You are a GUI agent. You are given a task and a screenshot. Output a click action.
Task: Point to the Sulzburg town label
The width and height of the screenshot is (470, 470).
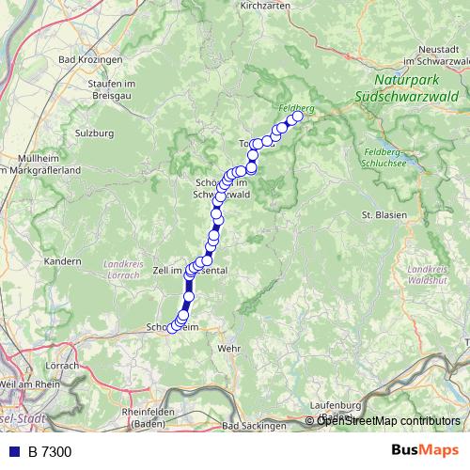[x=94, y=133]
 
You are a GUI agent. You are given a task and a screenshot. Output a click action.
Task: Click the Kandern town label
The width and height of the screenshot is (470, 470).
[x=64, y=260]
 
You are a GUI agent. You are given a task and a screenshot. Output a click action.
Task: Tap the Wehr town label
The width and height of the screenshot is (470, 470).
[x=228, y=348]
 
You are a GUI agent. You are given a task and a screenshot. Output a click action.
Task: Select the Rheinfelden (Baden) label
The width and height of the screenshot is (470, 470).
[x=150, y=416]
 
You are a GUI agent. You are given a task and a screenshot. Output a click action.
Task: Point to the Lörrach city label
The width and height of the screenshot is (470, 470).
[x=62, y=365]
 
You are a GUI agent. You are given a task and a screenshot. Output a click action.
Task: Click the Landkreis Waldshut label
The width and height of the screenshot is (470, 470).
[x=427, y=274]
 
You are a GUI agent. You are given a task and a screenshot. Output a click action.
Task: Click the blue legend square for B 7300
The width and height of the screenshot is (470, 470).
[x=13, y=452]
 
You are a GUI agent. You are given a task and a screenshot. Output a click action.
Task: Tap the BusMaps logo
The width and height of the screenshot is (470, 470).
[x=418, y=451]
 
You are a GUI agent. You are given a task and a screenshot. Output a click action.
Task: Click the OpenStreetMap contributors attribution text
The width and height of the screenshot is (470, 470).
[x=387, y=420]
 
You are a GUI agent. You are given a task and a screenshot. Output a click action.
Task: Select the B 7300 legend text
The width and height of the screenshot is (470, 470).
[x=50, y=452]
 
